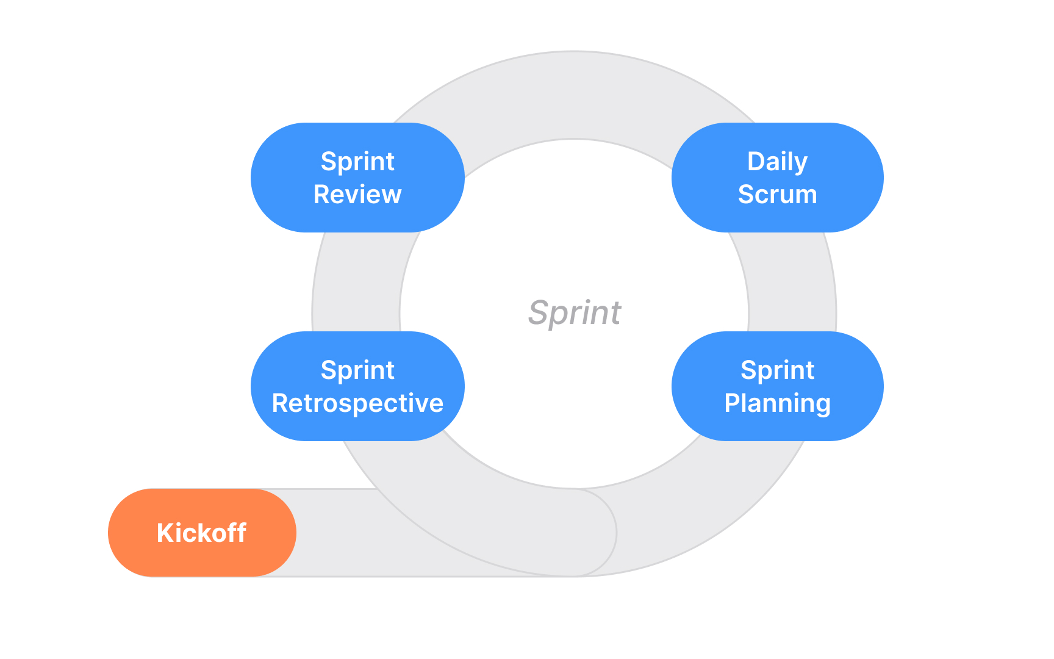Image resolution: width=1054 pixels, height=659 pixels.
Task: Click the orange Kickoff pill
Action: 201,533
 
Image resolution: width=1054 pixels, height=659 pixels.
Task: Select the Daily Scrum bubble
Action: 777,178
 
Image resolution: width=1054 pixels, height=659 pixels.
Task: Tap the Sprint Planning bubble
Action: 777,386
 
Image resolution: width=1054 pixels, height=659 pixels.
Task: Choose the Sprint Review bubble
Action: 357,178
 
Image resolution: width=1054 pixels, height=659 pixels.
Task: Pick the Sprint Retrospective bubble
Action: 357,386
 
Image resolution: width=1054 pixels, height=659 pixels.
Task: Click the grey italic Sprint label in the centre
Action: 574,313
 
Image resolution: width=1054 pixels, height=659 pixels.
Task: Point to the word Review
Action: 357,195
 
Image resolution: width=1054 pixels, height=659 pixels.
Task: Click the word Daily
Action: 777,162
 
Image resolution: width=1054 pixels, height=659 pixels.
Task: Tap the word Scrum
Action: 777,195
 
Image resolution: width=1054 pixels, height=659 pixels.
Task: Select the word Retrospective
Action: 357,403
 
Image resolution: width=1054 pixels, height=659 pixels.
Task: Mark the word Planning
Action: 777,404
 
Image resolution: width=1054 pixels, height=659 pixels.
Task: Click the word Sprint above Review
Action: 357,162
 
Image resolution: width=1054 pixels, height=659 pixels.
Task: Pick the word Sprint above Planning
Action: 777,370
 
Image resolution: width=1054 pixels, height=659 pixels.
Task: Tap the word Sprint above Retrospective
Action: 357,370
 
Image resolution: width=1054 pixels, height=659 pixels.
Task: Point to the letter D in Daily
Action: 755,162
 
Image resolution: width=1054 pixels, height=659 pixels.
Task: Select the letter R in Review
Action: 321,195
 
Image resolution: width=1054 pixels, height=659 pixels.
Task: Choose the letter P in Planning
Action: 731,403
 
